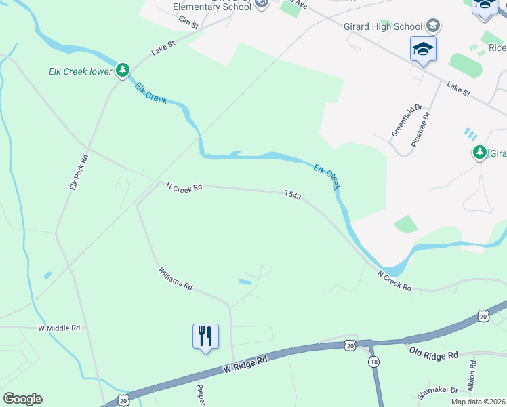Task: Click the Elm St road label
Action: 188,22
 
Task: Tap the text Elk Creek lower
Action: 80,71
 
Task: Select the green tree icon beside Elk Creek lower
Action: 123,70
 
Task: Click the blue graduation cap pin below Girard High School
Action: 423,50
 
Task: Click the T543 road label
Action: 293,195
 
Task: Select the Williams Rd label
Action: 176,277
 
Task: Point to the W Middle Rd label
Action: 59,328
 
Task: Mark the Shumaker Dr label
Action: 437,389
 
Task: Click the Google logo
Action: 22,399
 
